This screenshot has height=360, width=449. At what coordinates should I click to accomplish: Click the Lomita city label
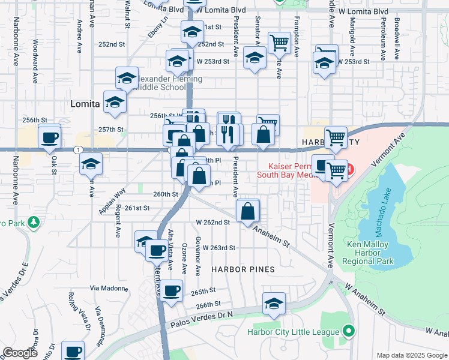pyautogui.click(x=84, y=104)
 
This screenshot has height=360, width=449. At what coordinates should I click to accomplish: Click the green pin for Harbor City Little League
pyautogui.click(x=347, y=331)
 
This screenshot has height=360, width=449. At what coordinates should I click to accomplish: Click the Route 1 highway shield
pyautogui.click(x=77, y=149)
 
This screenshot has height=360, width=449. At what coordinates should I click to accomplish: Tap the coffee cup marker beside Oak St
pyautogui.click(x=49, y=137)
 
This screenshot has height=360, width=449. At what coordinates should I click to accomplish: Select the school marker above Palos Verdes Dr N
pyautogui.click(x=274, y=304)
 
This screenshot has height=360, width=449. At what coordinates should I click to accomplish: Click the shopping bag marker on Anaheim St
pyautogui.click(x=247, y=211)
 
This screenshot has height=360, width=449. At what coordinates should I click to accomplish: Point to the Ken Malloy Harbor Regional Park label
pyautogui.click(x=369, y=253)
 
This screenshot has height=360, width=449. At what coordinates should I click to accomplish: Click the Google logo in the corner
pyautogui.click(x=20, y=353)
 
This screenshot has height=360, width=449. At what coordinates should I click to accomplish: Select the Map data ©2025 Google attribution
pyautogui.click(x=411, y=355)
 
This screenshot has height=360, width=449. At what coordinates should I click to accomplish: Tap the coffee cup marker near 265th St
pyautogui.click(x=172, y=290)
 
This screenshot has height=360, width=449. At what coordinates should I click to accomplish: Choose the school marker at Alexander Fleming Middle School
pyautogui.click(x=127, y=78)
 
